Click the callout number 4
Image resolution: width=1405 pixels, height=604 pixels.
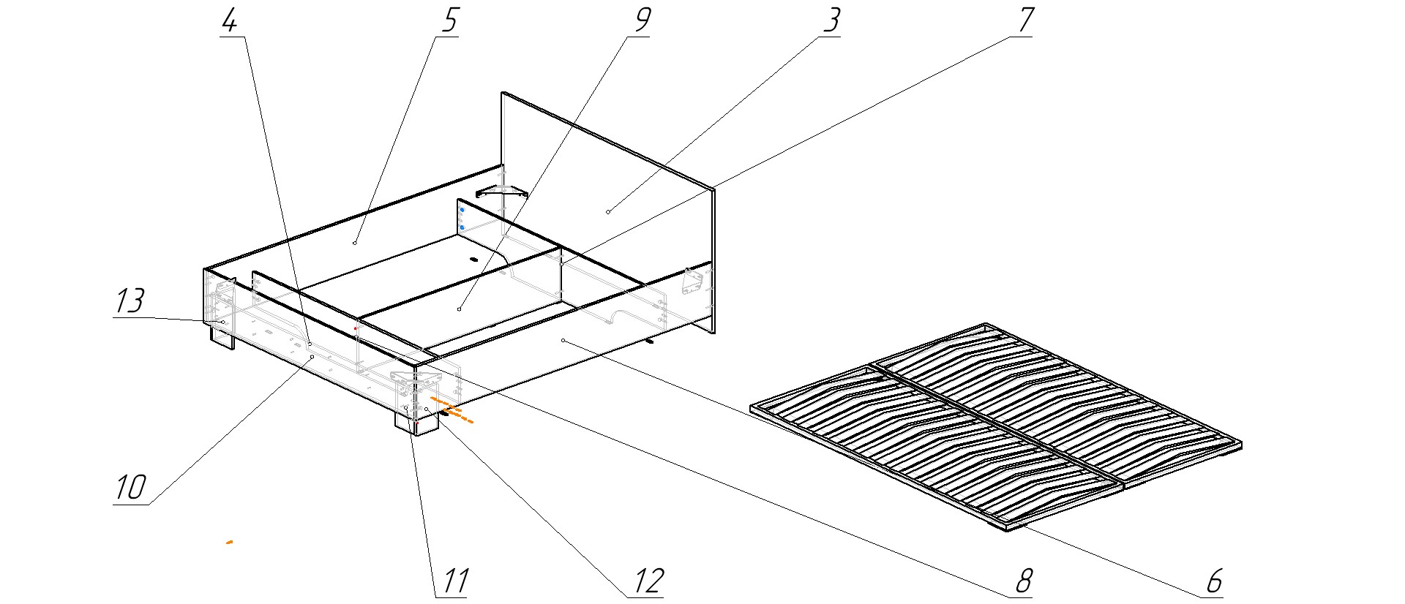[x=229, y=21]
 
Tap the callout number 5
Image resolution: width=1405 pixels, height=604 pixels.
[x=447, y=21]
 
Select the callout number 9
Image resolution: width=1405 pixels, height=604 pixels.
[x=640, y=21]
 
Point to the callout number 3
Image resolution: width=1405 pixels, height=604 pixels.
[x=831, y=21]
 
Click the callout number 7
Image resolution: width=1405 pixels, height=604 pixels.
[x=1024, y=21]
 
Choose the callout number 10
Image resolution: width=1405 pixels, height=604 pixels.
[x=131, y=488]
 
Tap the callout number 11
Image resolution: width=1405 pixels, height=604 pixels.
[x=452, y=581]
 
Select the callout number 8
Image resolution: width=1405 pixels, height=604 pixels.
[x=1022, y=581]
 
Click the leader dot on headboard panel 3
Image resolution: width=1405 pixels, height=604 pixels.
[x=608, y=212]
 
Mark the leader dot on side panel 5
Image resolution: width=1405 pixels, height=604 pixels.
[x=355, y=242]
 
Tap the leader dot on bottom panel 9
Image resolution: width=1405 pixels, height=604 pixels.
[x=459, y=309]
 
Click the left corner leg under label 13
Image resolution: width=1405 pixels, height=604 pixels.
[x=222, y=337]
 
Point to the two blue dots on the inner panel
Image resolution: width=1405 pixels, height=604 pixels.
[x=462, y=219]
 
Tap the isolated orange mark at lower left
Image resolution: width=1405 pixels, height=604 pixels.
[x=230, y=543]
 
